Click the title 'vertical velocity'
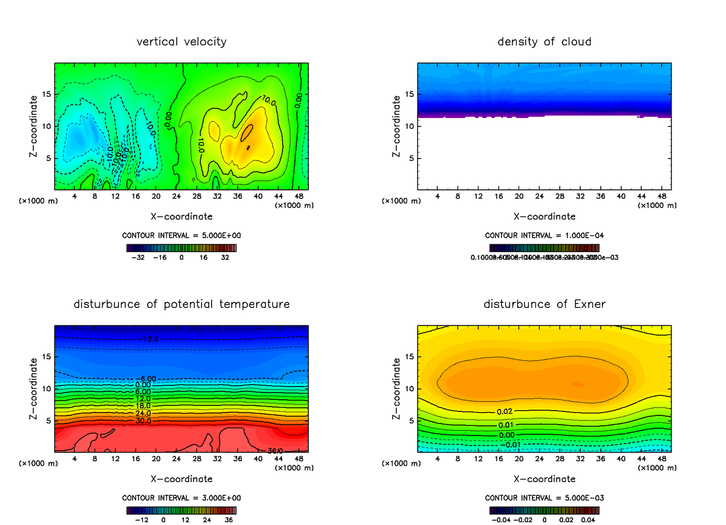181,42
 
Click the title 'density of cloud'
544,42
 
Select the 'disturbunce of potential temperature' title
181,304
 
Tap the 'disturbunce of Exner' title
544,304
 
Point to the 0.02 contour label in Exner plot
506,411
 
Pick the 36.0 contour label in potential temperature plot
275,450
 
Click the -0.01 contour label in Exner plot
512,445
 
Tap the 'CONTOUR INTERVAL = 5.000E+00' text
181,235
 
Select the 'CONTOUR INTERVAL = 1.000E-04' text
544,235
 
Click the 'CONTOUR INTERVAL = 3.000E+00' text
181,498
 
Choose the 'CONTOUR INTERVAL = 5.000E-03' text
544,498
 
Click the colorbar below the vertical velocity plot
181,248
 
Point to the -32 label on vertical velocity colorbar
140,257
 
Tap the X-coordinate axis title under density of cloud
544,217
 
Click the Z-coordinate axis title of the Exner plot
396,390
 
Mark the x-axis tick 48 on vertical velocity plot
299,197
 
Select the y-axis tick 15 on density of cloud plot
409,94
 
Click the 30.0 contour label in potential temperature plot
143,421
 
